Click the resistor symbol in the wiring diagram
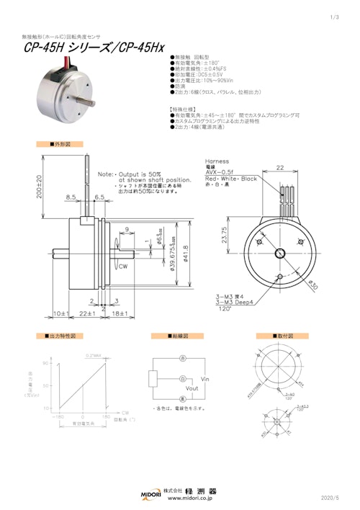coord(153,378)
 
